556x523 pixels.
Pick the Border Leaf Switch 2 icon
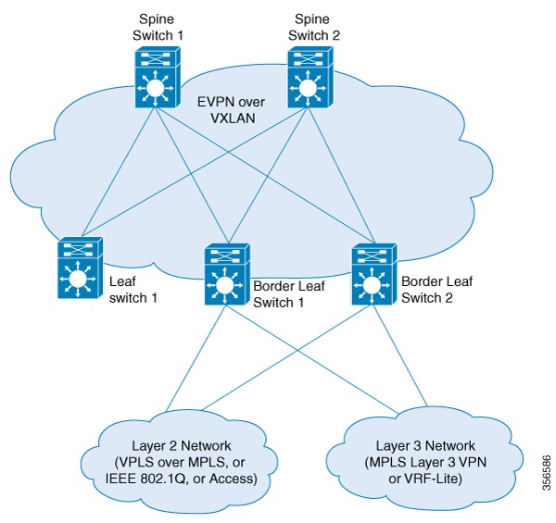point(374,275)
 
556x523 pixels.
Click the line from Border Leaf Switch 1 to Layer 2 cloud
point(195,361)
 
